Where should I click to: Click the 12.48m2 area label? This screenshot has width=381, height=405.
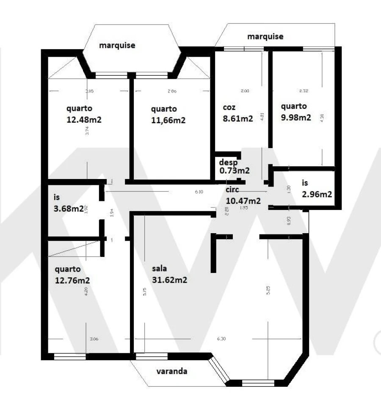coord(84,119)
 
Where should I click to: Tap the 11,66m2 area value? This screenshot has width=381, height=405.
coord(168,120)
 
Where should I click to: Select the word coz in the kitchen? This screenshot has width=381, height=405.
coord(229,107)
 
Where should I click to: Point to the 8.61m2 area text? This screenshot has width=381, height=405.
coord(237,118)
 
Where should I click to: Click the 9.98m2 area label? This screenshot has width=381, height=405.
coord(296,117)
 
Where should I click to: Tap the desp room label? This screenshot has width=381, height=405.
coord(228,162)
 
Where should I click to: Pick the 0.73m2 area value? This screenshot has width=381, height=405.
coord(234,171)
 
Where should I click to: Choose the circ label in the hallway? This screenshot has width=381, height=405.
coord(232,190)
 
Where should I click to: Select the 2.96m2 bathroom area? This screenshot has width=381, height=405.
coord(316,194)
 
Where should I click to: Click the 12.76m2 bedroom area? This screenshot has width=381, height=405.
coord(72,280)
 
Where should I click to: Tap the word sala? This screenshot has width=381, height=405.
coord(160,268)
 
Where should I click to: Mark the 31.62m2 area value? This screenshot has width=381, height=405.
coord(169,280)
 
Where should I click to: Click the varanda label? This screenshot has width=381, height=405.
coord(172,372)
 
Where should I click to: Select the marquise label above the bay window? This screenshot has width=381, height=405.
coord(117,45)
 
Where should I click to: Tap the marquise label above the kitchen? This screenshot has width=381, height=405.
coord(265,36)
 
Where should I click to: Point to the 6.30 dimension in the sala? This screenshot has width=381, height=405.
coord(221,339)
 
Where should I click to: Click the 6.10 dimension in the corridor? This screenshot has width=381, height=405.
coord(199,192)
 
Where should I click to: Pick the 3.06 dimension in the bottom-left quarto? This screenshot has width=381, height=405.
coord(94,339)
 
